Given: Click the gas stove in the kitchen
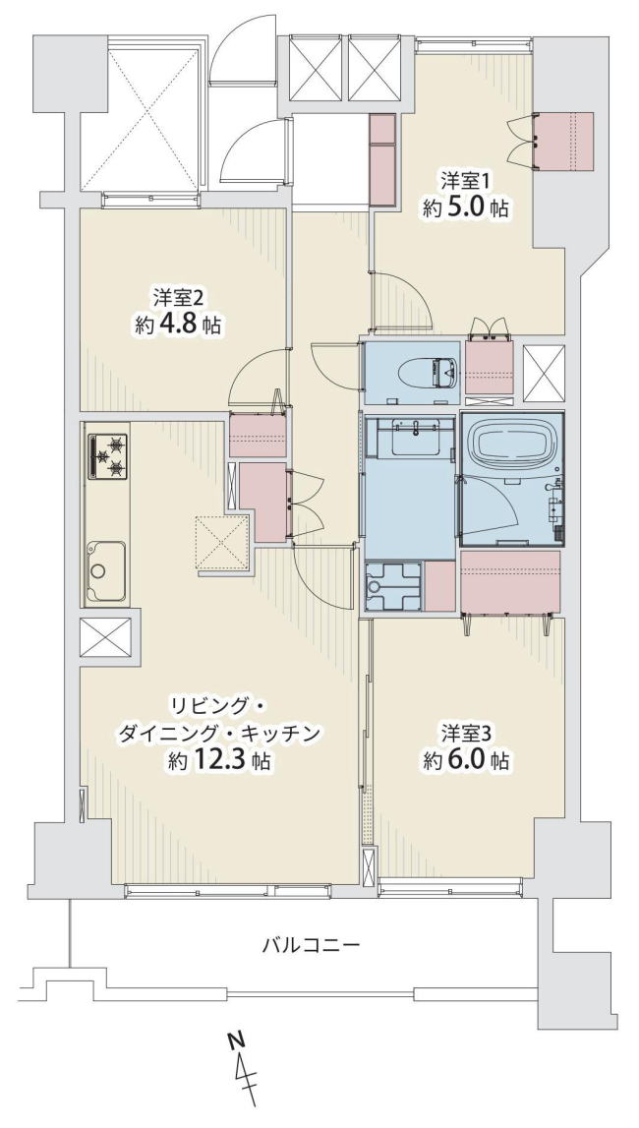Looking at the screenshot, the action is (108, 456).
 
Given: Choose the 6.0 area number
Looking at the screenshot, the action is (470, 760).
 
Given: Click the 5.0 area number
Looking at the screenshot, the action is (470, 208).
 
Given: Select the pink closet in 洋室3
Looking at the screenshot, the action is (511, 580).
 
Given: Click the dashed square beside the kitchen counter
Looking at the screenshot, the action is (223, 542).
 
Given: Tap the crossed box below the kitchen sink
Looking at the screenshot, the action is (105, 636).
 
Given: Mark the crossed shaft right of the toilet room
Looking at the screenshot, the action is (544, 373).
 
